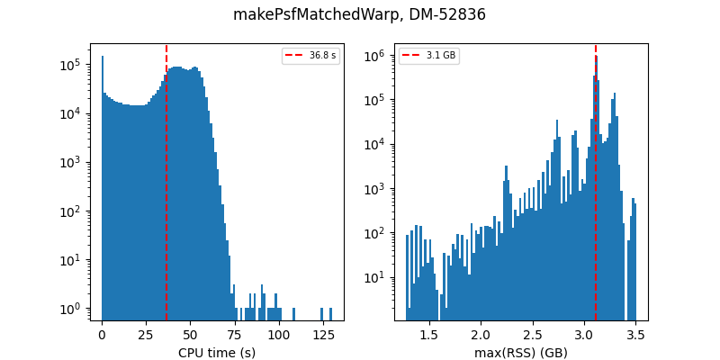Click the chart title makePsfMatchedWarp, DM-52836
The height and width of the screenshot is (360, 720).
pos(359,14)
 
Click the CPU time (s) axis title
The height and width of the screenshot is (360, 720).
pos(217,353)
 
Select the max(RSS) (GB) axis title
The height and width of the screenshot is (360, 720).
pos(521,353)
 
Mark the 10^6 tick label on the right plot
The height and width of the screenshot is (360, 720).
pos(375,56)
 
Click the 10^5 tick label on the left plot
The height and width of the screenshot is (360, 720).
pos(71,65)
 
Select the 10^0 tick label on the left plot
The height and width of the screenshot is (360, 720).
pos(71,309)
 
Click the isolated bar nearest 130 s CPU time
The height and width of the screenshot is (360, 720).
pos(330,314)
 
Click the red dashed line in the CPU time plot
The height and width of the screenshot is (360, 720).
pos(166,180)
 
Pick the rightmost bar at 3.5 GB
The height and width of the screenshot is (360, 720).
pos(634,261)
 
